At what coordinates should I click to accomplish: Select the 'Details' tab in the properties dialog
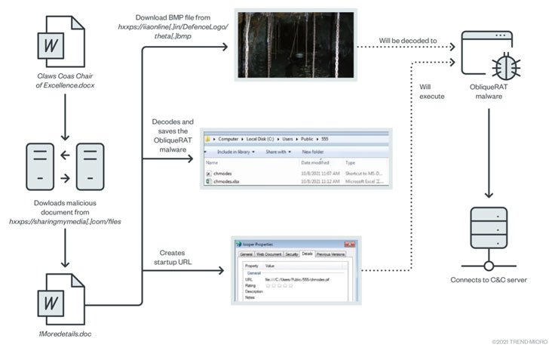(x=308, y=254)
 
